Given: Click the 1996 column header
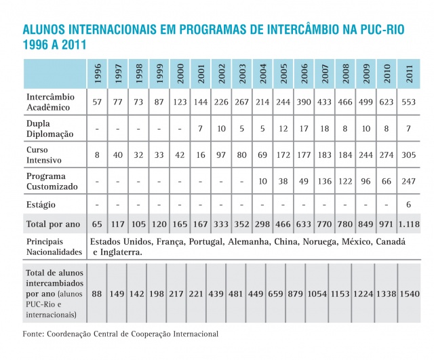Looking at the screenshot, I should (97, 73).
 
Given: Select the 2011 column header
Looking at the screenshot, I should (410, 73).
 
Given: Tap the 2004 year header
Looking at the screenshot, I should (263, 73).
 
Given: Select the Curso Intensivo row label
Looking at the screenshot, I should (44, 155).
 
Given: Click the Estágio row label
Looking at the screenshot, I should (41, 203).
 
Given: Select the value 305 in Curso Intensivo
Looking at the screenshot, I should (410, 155).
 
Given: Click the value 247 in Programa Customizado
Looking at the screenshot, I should (410, 181).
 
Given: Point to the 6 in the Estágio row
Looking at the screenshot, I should (410, 203).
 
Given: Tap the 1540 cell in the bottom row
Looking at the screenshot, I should (410, 294).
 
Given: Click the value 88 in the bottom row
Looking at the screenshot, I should (97, 294).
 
